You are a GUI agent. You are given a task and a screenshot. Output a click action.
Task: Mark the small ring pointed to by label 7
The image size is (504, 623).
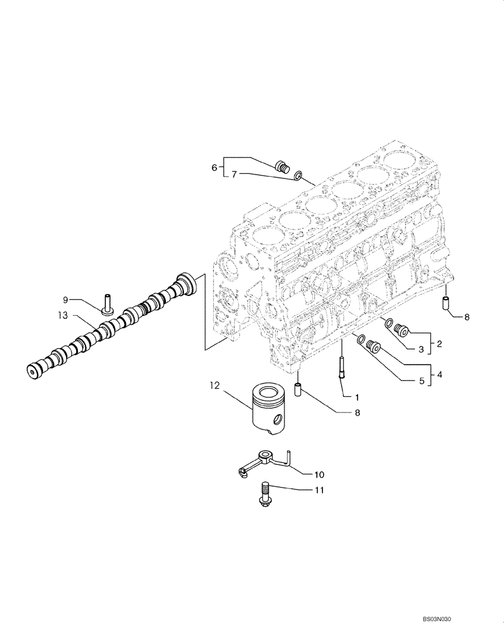coord(300,177)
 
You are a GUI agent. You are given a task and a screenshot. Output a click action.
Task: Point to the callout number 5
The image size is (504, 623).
coord(421,381)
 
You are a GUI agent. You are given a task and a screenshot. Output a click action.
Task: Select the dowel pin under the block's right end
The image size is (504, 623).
coord(447,303)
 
